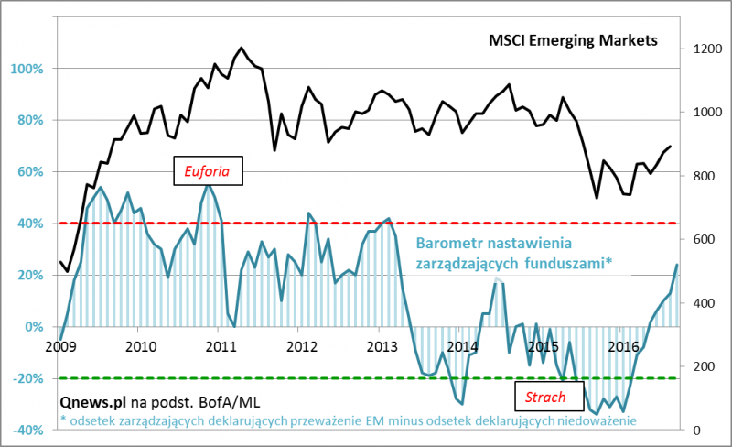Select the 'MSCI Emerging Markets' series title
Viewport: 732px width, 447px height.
573,41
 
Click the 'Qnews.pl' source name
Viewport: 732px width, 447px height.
92,401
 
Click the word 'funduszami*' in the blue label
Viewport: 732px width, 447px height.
568,264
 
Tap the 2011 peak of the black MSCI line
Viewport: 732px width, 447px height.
242,48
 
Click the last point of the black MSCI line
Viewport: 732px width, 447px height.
671,146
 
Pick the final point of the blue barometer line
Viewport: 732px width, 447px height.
677,265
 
